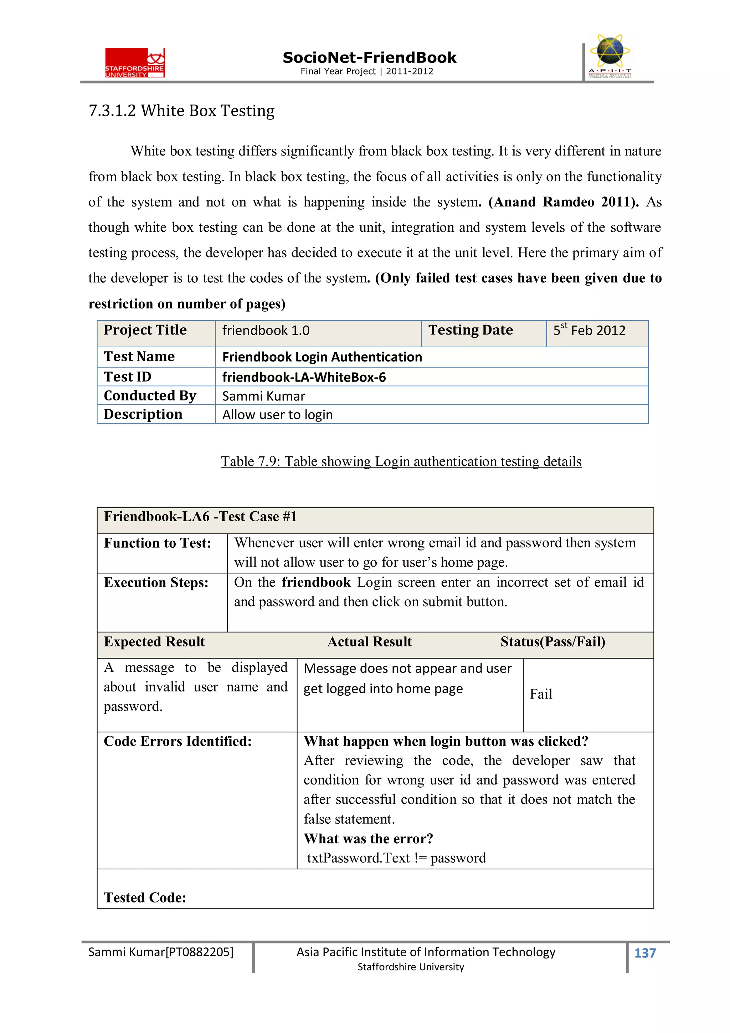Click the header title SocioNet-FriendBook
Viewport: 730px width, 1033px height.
click(369, 58)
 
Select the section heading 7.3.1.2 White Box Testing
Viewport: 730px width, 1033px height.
click(181, 111)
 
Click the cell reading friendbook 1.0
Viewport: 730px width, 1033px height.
click(266, 331)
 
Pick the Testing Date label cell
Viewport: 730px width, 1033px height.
click(470, 330)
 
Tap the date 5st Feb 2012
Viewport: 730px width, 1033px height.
click(589, 331)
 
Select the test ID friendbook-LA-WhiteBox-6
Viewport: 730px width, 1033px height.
click(304, 377)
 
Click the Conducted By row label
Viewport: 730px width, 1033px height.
click(150, 396)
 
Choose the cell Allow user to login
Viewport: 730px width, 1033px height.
click(278, 415)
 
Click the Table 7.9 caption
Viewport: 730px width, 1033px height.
click(401, 462)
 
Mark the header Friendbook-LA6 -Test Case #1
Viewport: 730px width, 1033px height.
click(200, 516)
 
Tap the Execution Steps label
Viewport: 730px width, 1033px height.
click(156, 583)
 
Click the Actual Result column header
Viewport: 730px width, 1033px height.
click(369, 642)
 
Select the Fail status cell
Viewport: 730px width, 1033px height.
click(541, 694)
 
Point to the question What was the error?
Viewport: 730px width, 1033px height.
click(368, 839)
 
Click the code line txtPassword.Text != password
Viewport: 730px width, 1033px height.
click(396, 858)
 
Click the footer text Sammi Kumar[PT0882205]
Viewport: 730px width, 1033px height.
click(160, 952)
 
